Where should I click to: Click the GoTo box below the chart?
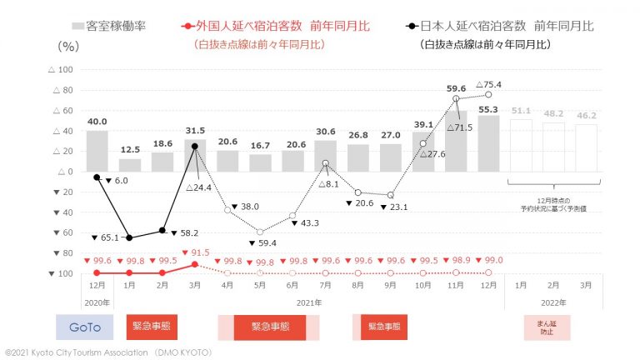[x=83, y=327]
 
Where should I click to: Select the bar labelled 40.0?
[x=97, y=151]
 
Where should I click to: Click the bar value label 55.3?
[x=488, y=109]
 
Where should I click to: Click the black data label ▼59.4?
[x=267, y=242]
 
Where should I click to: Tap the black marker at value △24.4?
[x=194, y=146]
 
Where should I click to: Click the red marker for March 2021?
[x=194, y=264]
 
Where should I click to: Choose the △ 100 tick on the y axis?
[x=61, y=70]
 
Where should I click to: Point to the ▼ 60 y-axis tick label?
[x=61, y=232]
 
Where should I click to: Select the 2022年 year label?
[x=552, y=302]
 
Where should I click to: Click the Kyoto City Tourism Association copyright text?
[x=108, y=352]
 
